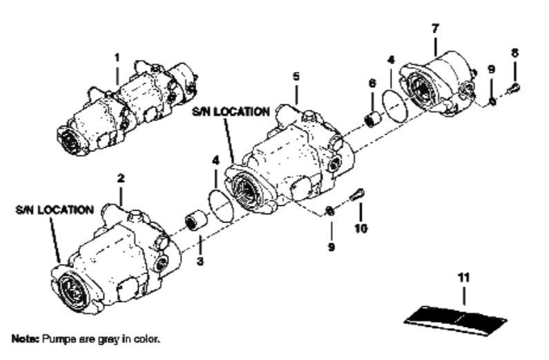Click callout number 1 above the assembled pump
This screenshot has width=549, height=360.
[117, 57]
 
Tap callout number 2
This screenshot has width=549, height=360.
[121, 178]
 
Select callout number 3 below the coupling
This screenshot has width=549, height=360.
[200, 261]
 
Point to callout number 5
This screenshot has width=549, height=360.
[296, 76]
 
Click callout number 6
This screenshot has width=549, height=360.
[372, 84]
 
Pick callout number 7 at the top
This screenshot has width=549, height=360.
[435, 28]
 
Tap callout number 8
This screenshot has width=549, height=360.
[514, 53]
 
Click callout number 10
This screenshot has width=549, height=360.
[361, 229]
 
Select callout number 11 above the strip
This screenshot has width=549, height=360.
[463, 278]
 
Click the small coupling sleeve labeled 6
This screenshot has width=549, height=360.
[374, 120]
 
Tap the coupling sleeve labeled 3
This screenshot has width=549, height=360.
[195, 220]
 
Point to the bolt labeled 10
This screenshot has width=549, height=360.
[358, 195]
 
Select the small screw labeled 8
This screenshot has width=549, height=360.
[514, 87]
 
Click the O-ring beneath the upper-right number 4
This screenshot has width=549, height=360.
[395, 106]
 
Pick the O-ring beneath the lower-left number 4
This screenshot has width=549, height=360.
[220, 205]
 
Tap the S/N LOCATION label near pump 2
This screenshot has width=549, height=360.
[55, 210]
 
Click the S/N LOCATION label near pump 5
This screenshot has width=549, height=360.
[231, 112]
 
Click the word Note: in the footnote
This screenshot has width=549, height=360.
[26, 339]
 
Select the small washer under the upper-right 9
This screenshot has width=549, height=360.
[492, 102]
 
